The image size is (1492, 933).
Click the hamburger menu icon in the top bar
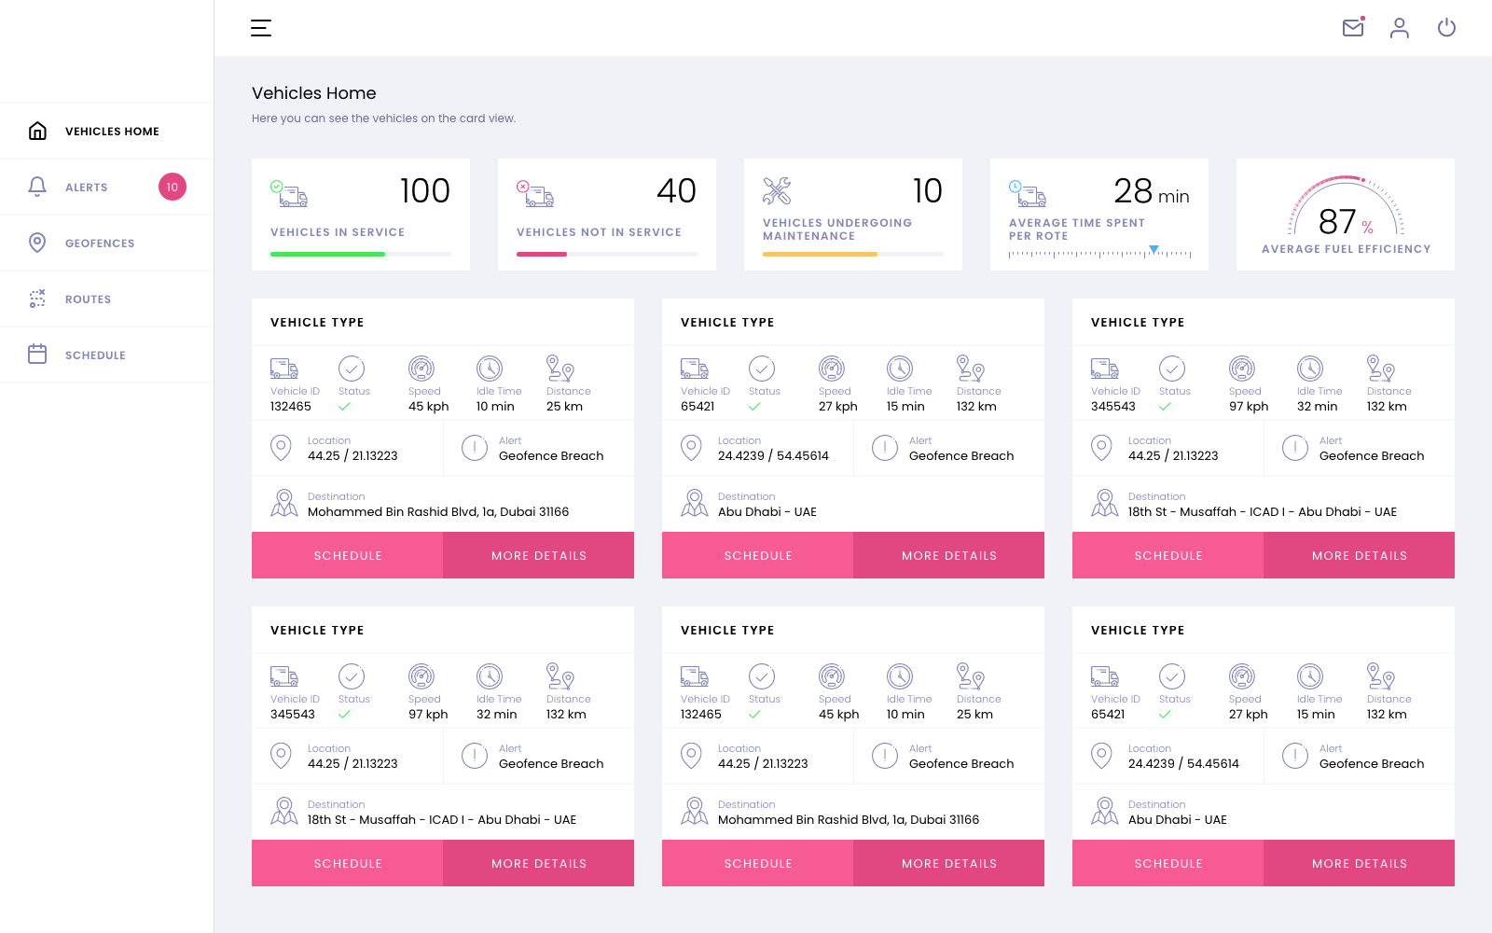261,28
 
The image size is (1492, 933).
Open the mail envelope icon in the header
1353,28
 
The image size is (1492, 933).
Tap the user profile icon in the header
1400,28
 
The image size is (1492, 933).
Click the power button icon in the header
1446,28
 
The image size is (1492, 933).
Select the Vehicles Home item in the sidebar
112,132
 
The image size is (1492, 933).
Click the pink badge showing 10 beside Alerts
173,187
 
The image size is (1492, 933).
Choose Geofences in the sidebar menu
100,244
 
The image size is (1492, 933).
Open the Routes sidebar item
88,299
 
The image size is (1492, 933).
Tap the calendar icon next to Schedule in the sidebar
37,355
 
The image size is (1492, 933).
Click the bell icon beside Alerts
37,187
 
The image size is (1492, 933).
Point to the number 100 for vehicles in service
424,191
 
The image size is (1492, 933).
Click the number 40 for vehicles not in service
676,191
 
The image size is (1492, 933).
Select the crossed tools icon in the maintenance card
777,191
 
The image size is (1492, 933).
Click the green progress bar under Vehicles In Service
327,254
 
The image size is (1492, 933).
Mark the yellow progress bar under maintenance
820,254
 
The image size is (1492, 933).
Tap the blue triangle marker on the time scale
1154,249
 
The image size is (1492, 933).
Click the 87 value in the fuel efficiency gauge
1337,222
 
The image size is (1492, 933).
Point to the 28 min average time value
1151,192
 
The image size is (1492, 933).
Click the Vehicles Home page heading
314,93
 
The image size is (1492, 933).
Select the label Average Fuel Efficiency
1346,249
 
